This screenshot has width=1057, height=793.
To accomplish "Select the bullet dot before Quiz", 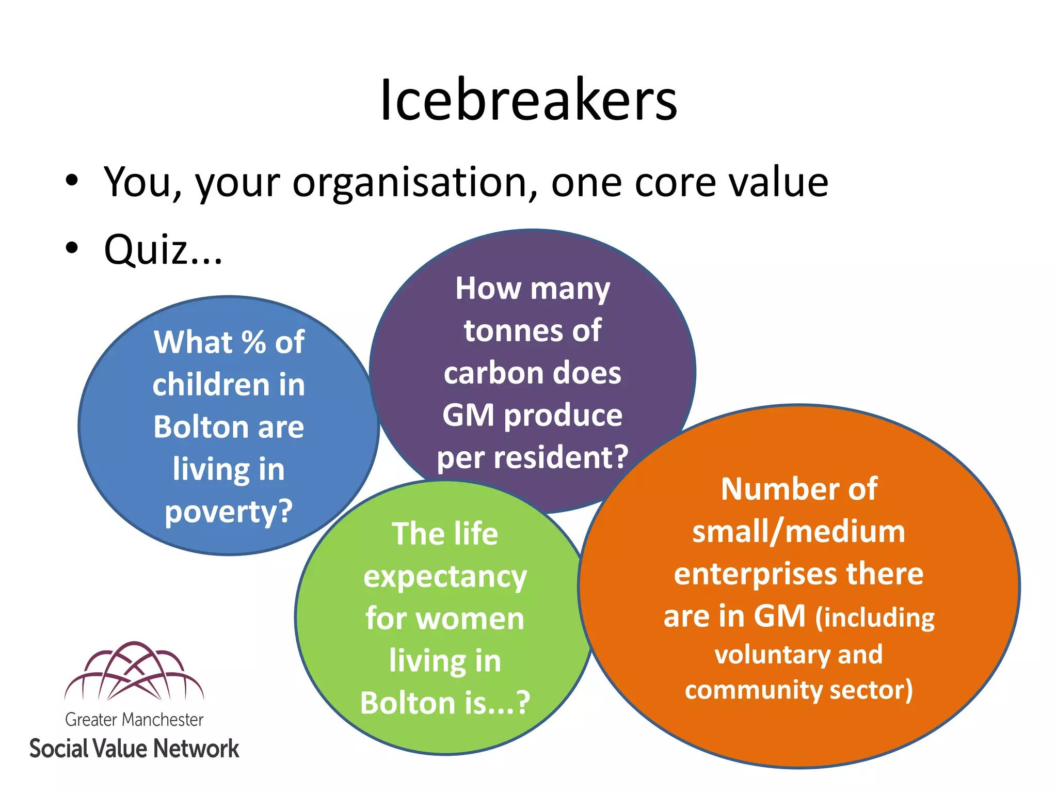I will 72,248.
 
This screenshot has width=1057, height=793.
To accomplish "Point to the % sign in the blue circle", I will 253,342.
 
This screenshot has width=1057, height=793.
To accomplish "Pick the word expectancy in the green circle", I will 445,577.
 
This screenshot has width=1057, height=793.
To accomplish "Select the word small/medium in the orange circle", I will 798,532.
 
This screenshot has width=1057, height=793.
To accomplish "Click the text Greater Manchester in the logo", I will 134,720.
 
